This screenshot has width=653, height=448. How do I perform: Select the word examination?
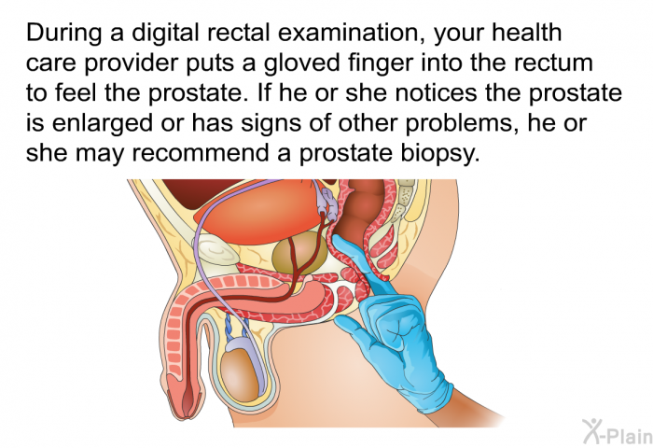(352, 33)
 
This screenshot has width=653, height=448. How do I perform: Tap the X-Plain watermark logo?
(618, 431)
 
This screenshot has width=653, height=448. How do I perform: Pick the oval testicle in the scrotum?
(239, 374)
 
